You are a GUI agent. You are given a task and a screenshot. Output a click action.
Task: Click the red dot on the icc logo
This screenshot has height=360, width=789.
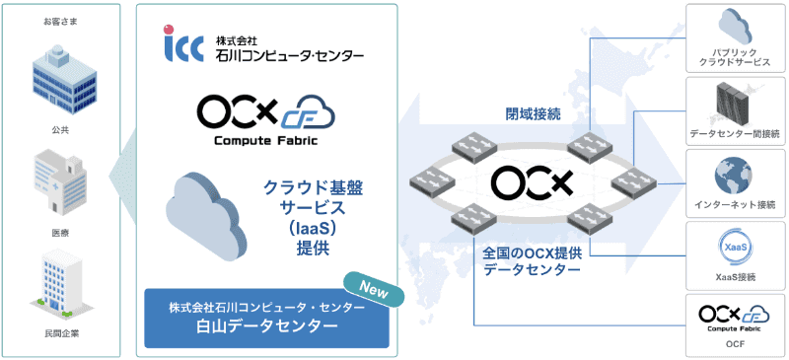169,30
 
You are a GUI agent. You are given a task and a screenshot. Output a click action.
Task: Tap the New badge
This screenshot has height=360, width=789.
375,289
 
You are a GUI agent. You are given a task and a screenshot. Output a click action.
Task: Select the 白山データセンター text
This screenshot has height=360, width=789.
266,326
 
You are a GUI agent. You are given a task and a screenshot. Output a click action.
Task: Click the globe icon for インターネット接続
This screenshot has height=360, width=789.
734,175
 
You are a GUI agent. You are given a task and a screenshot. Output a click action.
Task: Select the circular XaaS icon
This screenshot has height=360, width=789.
734,249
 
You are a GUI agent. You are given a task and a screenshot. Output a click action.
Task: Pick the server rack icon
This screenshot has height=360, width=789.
734,105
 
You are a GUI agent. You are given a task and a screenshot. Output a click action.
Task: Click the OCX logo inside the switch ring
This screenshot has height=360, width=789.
533,182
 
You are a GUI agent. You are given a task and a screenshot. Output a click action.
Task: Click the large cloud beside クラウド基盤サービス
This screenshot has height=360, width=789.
206,217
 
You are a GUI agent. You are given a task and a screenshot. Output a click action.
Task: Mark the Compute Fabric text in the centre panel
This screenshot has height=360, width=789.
266,140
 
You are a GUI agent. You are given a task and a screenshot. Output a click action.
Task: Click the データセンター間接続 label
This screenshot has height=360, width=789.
735,133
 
